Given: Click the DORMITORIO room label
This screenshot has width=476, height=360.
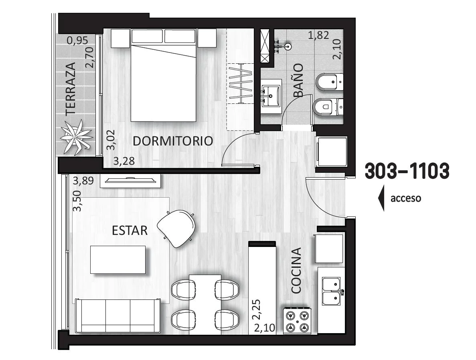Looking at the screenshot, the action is pos(173,141).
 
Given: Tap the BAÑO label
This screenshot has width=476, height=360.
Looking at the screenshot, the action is pos(298,80).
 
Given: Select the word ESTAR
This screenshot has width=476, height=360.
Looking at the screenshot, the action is pos(130,231).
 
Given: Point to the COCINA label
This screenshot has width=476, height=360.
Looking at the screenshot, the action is pos(296,271).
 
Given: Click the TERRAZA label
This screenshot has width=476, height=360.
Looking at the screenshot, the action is pos(71,89).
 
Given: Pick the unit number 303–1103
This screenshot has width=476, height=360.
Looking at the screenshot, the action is pos(407,171).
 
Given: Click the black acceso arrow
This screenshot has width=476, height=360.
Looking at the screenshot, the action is pos(381,198).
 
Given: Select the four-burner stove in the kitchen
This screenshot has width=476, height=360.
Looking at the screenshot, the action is pos(297,321).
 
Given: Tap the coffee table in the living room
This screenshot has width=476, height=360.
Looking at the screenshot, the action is pos(118,259).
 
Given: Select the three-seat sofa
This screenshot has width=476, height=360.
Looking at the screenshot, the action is pos(118,316).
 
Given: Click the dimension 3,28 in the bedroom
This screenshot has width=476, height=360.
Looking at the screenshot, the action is pos(124,161).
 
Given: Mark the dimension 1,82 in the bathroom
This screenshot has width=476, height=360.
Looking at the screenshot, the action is pos(318,35).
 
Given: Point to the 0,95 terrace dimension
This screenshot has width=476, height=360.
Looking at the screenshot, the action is pos(77,40).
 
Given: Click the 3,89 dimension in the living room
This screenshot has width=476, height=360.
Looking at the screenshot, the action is pos(83,181).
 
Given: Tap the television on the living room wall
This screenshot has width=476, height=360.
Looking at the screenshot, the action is pos(131,180).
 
